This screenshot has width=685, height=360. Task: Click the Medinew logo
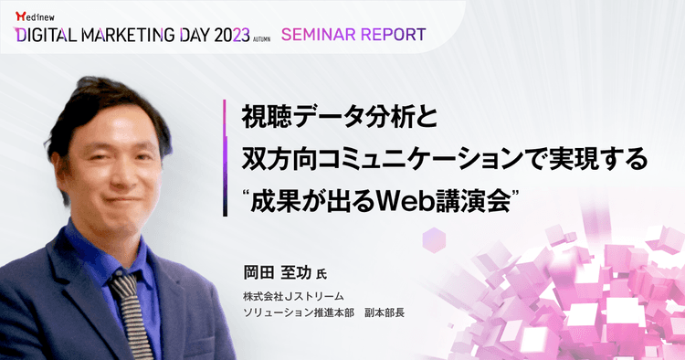[35, 14]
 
